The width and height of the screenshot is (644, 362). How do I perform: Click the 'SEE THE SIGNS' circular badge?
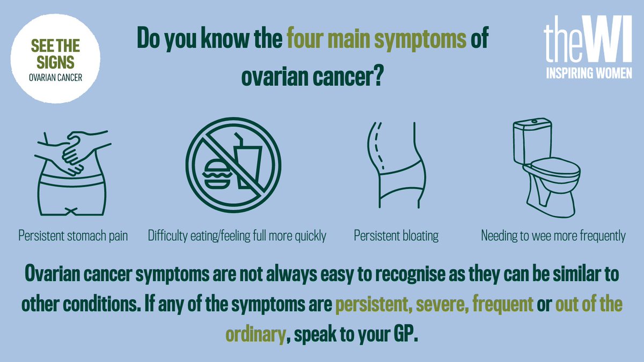pos(56,58)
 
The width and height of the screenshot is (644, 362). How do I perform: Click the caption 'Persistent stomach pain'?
pos(74,236)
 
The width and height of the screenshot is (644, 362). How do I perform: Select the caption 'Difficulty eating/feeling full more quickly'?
pos(237,236)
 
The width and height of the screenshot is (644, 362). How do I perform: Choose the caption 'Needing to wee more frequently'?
pos(553,236)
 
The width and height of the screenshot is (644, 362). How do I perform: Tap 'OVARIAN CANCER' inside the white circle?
pos(56,77)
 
